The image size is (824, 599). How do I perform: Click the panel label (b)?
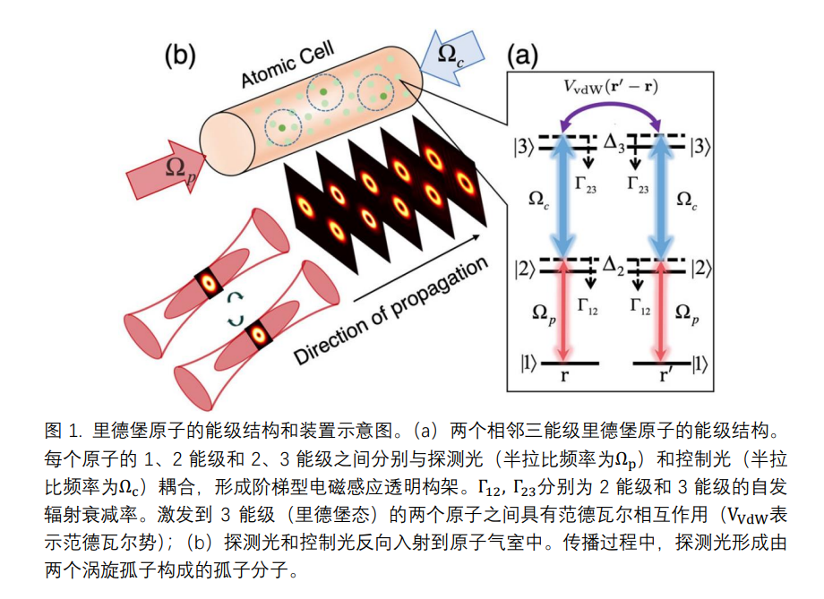coord(178,56)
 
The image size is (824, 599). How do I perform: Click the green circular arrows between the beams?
coord(237,309)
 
